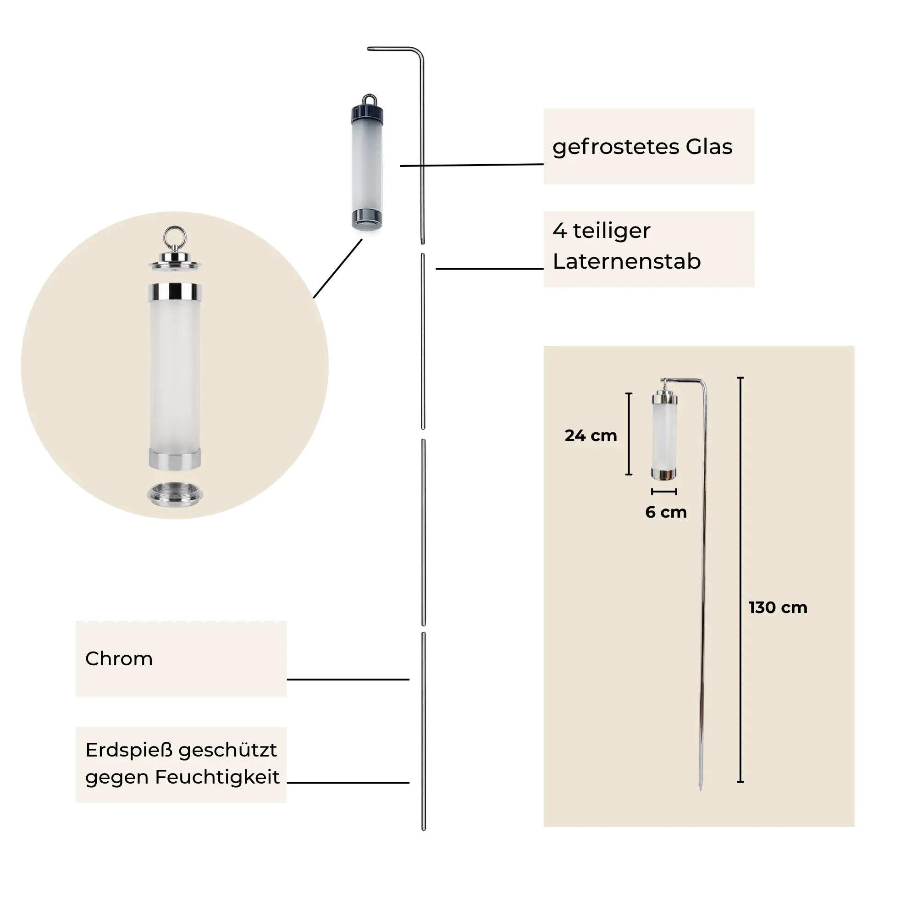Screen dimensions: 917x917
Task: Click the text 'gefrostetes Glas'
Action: [642, 147]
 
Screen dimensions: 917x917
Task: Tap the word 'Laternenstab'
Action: [626, 261]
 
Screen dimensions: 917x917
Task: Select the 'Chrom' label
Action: [119, 659]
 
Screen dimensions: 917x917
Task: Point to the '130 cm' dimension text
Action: [778, 608]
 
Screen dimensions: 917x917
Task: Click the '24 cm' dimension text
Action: [591, 435]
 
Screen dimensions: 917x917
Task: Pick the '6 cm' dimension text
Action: [666, 512]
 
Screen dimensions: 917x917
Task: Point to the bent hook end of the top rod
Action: [369, 49]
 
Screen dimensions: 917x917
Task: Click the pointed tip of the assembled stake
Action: [701, 790]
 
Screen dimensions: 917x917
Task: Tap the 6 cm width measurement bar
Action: [664, 491]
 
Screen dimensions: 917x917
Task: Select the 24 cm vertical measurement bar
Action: [629, 434]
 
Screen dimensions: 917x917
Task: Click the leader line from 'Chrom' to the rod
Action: [348, 679]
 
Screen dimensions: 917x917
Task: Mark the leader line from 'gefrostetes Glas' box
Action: [471, 165]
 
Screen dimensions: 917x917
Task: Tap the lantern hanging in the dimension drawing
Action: [664, 434]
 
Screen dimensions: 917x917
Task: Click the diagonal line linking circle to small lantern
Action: [337, 269]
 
